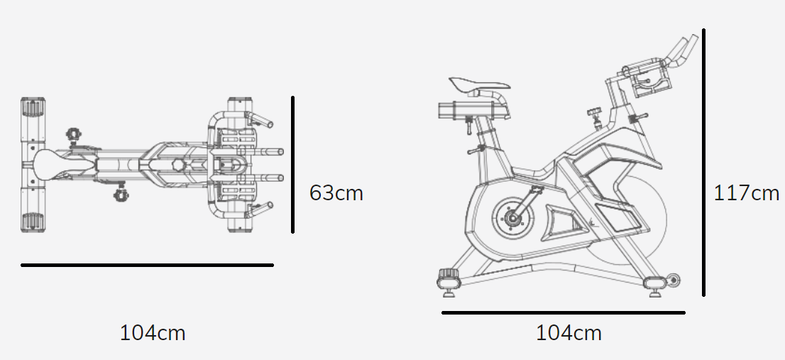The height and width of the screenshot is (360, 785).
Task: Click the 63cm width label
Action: (x=336, y=193)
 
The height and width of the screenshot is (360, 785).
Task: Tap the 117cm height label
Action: (x=746, y=193)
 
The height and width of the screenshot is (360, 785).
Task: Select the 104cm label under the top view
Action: (x=153, y=333)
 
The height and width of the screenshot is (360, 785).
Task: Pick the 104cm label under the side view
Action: (x=569, y=333)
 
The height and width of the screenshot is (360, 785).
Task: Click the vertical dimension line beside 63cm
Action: (x=293, y=165)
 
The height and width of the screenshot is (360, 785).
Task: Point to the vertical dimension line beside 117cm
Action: (x=704, y=163)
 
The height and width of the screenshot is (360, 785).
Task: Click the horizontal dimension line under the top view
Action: (x=147, y=265)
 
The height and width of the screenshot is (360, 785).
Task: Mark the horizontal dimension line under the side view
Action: (x=564, y=313)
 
